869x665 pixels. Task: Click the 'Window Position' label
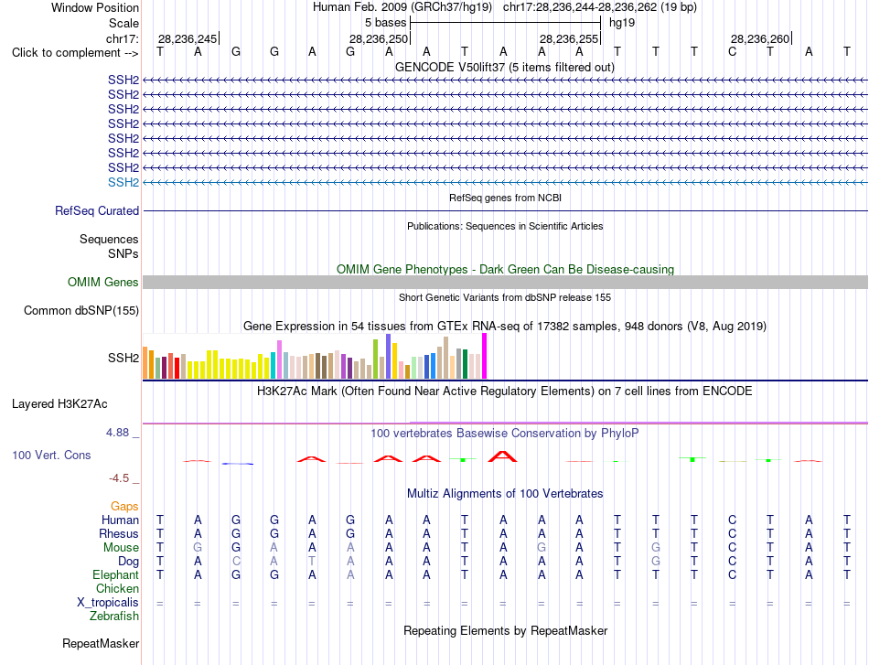tap(95, 7)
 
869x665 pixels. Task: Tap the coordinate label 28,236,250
tap(379, 38)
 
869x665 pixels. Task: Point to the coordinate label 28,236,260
tap(760, 38)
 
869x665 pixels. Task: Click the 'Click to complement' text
tap(66, 53)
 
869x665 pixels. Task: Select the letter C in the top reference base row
tap(732, 52)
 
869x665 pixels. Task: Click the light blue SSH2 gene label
tap(123, 182)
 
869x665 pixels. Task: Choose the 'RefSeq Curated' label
tap(97, 210)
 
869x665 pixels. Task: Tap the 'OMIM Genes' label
tap(103, 282)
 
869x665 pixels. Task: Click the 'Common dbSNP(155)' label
tap(81, 310)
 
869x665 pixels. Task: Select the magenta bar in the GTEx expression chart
tap(485, 357)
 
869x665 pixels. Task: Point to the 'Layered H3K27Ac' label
tap(59, 404)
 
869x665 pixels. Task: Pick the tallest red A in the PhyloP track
tap(503, 456)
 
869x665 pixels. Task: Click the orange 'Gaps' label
tap(124, 506)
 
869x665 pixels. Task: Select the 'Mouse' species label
tap(121, 548)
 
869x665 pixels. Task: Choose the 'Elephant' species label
tap(116, 575)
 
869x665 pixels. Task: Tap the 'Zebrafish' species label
tap(114, 617)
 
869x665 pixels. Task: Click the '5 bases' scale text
tap(385, 23)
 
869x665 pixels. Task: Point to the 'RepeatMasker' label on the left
tap(101, 643)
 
